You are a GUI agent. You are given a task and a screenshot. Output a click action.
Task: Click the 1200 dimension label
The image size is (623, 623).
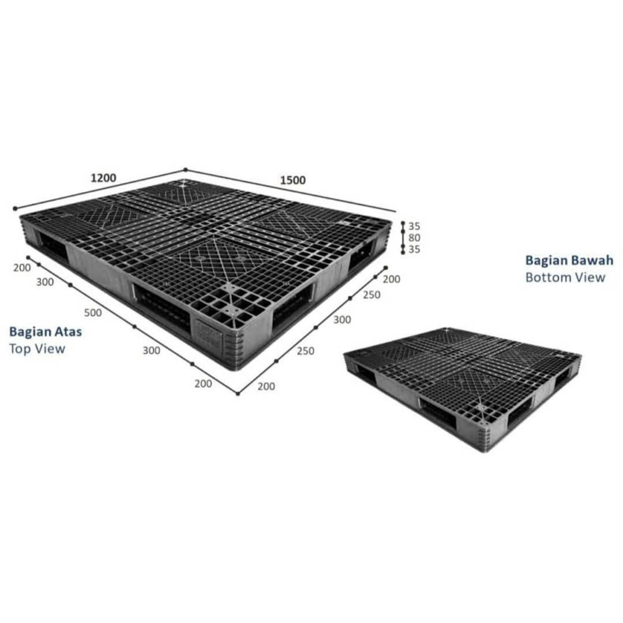click(103, 178)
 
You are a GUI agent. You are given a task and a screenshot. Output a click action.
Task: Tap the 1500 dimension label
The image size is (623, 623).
click(293, 181)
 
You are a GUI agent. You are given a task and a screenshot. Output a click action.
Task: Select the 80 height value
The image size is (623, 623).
click(414, 238)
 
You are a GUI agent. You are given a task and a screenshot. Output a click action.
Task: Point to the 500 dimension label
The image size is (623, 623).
click(92, 313)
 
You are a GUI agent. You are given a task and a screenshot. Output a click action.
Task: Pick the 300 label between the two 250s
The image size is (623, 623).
click(341, 320)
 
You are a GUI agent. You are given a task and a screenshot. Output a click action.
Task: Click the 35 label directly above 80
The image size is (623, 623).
click(414, 226)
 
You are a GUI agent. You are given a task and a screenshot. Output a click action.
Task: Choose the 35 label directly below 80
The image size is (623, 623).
click(414, 249)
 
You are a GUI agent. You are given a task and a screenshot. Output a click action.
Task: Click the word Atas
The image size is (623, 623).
click(68, 332)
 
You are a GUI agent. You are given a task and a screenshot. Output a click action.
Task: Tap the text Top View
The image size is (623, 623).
click(37, 349)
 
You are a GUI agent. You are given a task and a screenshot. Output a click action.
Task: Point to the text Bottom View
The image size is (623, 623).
click(565, 277)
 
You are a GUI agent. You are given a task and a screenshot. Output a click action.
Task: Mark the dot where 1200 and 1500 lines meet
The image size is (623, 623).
click(185, 170)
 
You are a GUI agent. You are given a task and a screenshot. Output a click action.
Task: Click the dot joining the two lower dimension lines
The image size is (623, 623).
click(238, 394)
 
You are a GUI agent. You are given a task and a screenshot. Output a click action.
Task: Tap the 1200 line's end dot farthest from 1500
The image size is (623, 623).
click(15, 208)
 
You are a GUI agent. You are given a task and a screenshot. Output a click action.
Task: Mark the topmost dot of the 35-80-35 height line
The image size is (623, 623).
click(403, 223)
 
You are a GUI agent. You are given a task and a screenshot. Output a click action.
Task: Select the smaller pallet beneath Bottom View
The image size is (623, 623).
click(462, 389)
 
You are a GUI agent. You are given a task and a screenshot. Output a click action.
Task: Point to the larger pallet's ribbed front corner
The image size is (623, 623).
click(238, 350)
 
